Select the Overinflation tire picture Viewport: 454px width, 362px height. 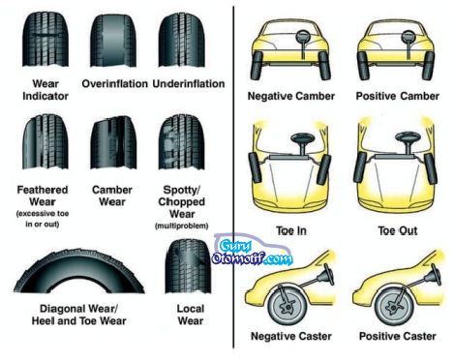[113, 38]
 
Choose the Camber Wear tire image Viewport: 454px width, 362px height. [112, 141]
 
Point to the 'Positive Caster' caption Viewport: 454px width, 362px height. [397, 336]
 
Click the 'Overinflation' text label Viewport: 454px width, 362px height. [112, 83]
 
